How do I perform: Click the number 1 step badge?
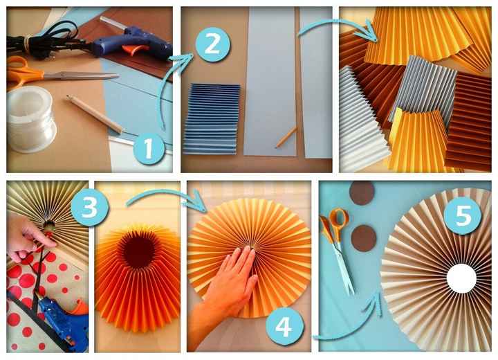click(x=149, y=149)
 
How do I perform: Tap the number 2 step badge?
click(x=213, y=44)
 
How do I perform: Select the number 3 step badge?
click(x=90, y=207)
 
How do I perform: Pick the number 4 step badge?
click(x=284, y=326)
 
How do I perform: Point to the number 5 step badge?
click(x=463, y=215)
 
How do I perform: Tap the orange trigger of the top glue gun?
click(x=136, y=50)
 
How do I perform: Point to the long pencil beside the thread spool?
click(x=95, y=114)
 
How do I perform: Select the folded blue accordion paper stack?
click(x=212, y=119)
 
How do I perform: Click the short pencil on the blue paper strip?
click(x=286, y=137)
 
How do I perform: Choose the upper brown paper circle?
click(x=362, y=192)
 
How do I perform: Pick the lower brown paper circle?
click(x=364, y=238)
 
